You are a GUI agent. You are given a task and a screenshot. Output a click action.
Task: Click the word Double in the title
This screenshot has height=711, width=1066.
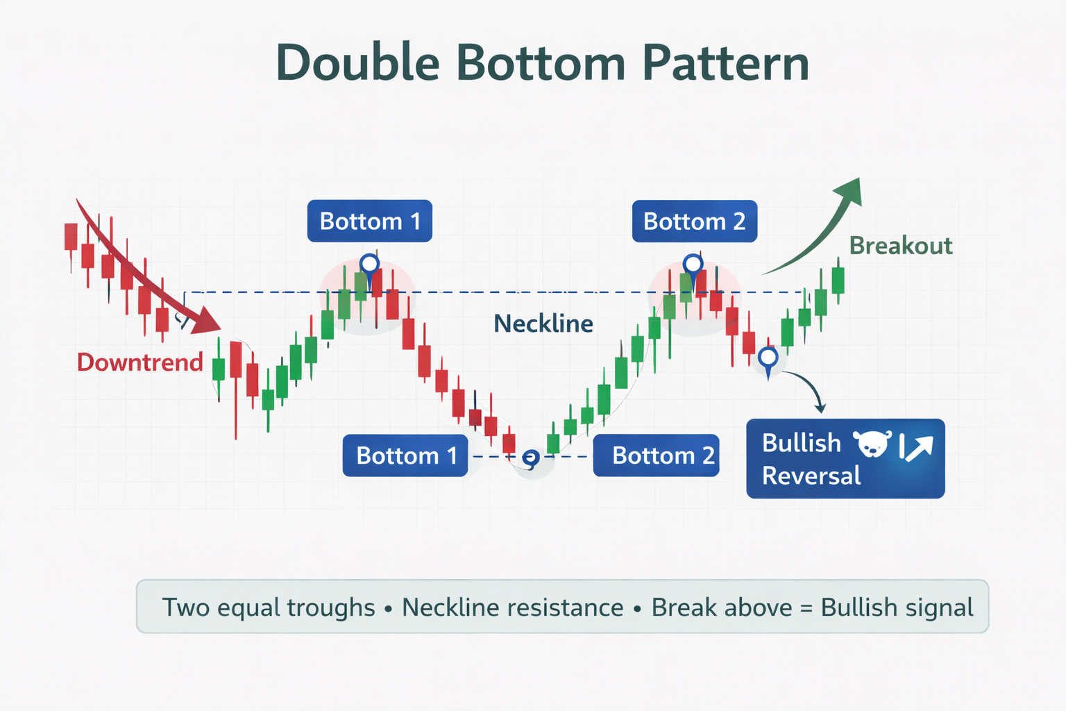pos(357,63)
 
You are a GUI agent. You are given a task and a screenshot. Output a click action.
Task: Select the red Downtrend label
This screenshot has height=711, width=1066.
pos(139,362)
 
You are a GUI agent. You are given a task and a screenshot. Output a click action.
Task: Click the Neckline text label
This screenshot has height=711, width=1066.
pos(543,324)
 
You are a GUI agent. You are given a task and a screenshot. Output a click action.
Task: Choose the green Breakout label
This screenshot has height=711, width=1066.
pos(900,246)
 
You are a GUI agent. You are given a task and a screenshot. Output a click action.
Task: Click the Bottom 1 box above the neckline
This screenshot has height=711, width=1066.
pos(369,221)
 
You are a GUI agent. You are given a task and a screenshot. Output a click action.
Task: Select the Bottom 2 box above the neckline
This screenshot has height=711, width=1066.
pos(694,221)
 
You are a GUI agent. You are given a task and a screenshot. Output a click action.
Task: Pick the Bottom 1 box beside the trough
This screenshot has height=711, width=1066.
pos(405,455)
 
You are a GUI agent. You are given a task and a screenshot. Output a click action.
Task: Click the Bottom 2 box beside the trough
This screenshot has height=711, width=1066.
pos(656,455)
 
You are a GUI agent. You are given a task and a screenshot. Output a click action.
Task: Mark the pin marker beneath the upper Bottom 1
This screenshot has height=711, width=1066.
pos(369,265)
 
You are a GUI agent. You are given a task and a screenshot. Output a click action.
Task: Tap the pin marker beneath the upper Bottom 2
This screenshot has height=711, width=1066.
pos(693,265)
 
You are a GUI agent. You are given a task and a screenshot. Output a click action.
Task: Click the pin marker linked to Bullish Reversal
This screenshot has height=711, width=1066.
pos(768,359)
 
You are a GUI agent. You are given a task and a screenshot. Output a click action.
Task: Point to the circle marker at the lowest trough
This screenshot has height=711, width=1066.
pos(530,458)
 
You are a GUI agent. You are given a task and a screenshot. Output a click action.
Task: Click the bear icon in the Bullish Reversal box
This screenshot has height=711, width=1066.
pos(872,444)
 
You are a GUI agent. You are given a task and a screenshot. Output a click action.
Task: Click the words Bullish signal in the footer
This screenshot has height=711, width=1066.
pos(897,608)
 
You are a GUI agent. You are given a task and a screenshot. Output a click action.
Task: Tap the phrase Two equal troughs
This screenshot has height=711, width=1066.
pos(268,608)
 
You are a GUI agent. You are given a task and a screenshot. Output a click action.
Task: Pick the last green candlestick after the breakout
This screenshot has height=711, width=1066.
pos(838,281)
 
